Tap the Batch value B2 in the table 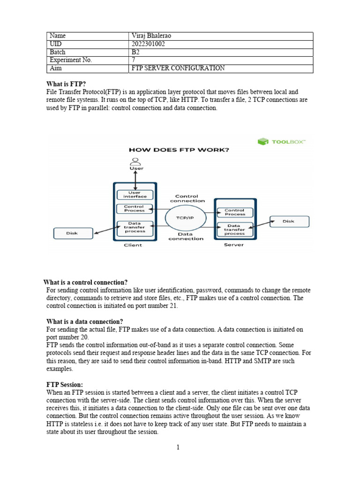point(136,52)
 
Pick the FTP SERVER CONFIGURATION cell point(179,68)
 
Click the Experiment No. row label point(71,60)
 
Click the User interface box point(135,195)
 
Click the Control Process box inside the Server point(234,212)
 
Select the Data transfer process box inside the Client point(135,228)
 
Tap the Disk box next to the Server point(289,221)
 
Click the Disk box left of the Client point(72,233)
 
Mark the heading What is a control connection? point(85,282)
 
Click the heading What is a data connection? point(85,322)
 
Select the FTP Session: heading point(65,384)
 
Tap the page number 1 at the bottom point(178,447)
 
